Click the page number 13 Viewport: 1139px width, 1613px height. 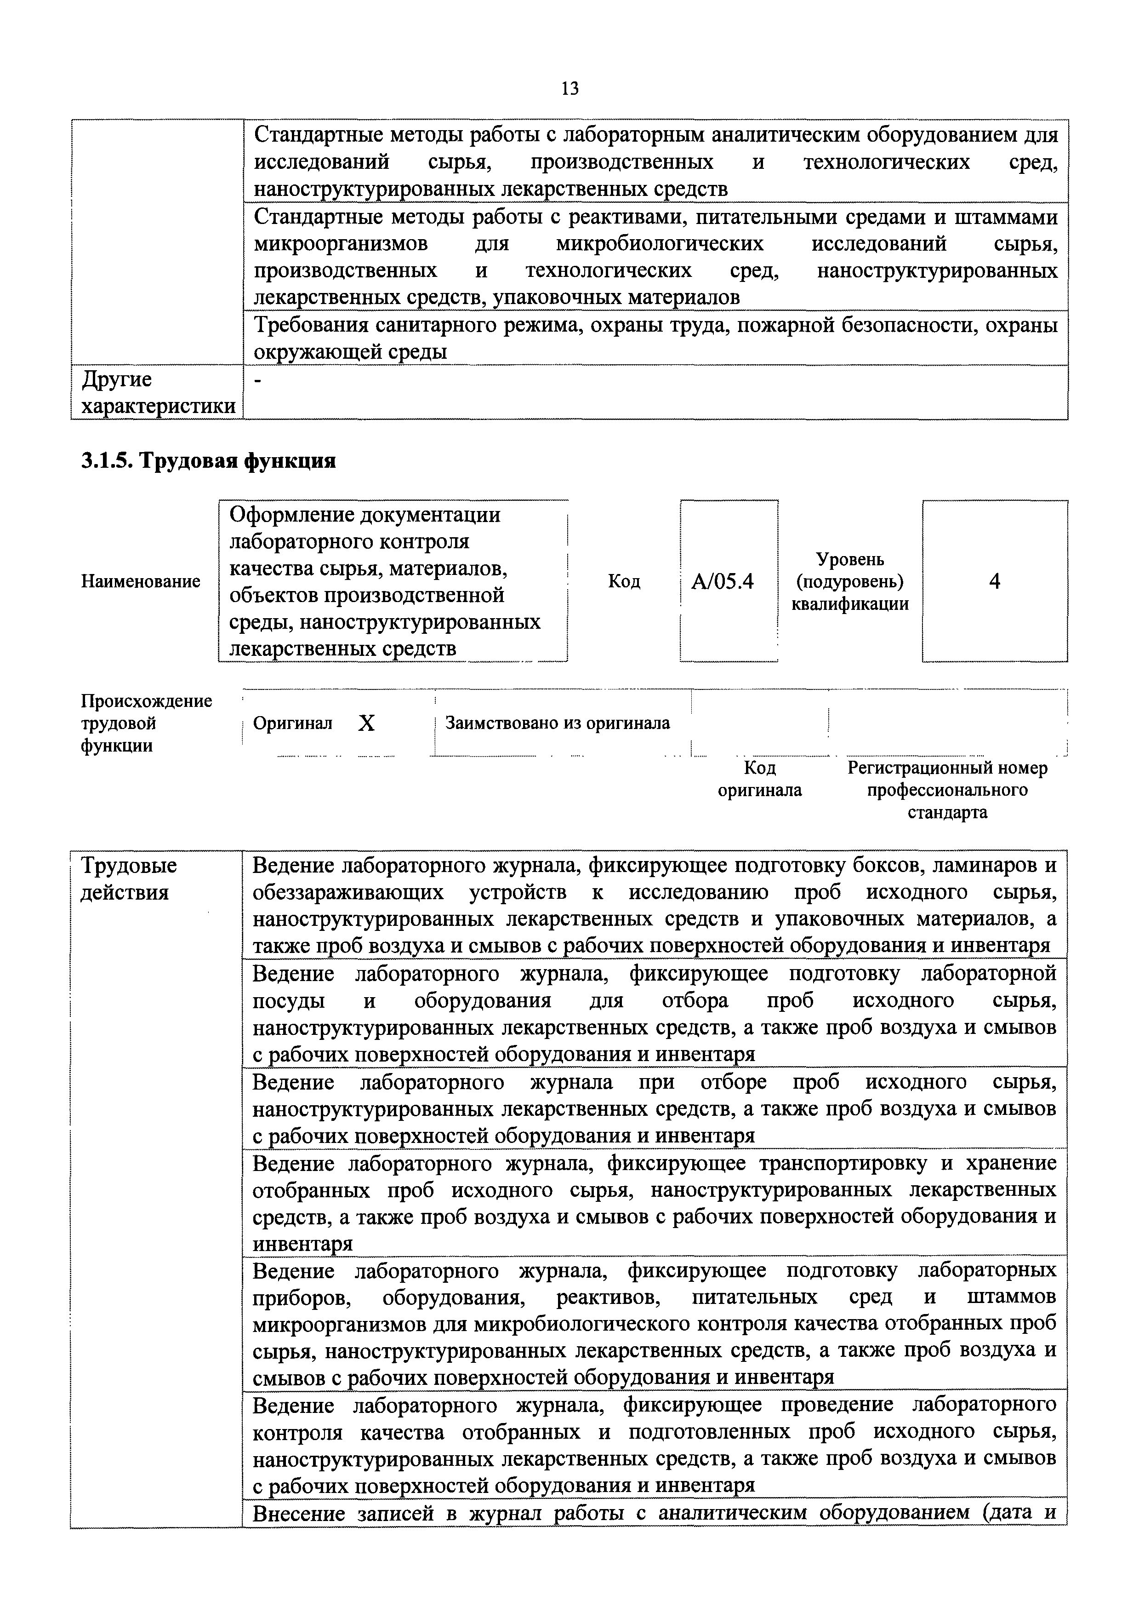(x=569, y=88)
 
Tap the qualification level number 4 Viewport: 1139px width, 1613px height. (x=994, y=582)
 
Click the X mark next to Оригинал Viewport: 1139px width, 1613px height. (x=366, y=723)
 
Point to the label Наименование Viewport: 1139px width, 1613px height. (x=141, y=582)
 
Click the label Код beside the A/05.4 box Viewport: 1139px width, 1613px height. (x=624, y=582)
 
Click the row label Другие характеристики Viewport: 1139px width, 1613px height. (x=157, y=393)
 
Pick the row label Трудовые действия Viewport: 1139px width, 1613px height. (x=129, y=879)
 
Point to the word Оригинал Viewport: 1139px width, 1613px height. (x=292, y=723)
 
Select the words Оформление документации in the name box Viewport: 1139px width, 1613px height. (x=365, y=515)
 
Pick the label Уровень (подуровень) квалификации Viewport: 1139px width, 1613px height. (x=850, y=582)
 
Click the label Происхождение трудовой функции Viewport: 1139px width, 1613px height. (x=146, y=723)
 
